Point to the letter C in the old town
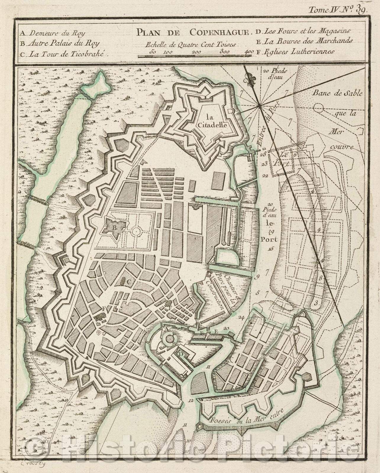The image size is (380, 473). coord(128,282)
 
